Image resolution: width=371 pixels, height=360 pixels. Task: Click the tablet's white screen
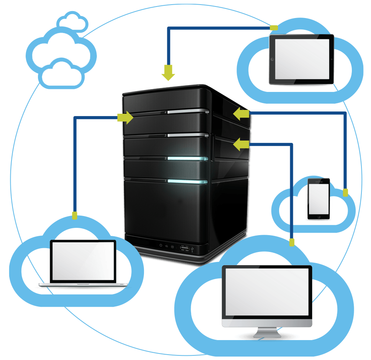pos(302,59)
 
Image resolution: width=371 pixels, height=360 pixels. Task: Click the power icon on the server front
pos(161,245)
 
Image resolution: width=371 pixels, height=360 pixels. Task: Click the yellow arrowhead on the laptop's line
pos(125,118)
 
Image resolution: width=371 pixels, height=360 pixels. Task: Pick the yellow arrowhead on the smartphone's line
pos(241,114)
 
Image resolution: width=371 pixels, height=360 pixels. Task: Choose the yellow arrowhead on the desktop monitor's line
pos(241,144)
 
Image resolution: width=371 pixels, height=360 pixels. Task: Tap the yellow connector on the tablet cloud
pos(274,28)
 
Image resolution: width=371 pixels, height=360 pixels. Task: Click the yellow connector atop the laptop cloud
pos(75,216)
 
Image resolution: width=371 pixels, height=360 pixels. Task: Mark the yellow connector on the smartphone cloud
pos(345,192)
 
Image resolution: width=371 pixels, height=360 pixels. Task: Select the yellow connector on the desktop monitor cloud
pos(292,242)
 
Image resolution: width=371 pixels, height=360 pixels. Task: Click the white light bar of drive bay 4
pos(188,111)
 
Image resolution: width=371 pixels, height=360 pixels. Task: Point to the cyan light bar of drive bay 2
pos(188,159)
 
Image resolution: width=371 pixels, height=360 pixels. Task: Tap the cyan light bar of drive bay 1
pos(188,182)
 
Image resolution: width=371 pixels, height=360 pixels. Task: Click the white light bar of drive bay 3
pos(188,135)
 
